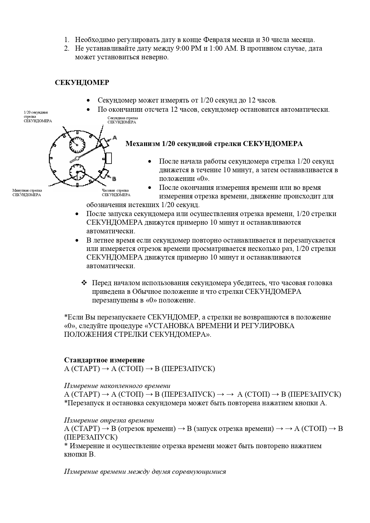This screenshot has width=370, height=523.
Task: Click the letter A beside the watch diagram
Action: click(x=114, y=137)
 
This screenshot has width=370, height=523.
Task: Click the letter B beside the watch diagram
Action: click(x=114, y=179)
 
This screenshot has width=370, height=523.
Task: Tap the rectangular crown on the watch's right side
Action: click(x=109, y=158)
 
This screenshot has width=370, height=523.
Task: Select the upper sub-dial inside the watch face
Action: click(x=77, y=145)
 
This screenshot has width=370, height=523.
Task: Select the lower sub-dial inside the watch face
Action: click(x=77, y=172)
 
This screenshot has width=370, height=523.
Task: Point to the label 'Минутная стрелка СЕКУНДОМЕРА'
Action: click(x=27, y=193)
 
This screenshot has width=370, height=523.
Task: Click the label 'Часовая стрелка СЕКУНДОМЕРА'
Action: click(x=116, y=193)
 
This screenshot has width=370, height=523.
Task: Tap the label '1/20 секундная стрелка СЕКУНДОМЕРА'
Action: click(x=38, y=117)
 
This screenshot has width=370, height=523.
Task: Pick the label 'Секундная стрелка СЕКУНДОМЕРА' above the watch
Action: click(x=123, y=120)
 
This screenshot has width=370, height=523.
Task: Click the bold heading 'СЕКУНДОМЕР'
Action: click(x=82, y=83)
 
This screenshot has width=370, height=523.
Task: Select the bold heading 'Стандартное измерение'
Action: click(x=104, y=360)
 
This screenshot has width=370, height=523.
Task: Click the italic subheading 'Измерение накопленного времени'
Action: click(x=117, y=386)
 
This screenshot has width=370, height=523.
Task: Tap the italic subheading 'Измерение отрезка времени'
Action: click(x=109, y=420)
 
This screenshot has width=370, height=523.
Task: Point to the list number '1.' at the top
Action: click(x=67, y=40)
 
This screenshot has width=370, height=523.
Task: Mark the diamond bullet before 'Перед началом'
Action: click(x=84, y=282)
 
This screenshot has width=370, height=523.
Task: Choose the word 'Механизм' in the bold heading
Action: click(x=143, y=144)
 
